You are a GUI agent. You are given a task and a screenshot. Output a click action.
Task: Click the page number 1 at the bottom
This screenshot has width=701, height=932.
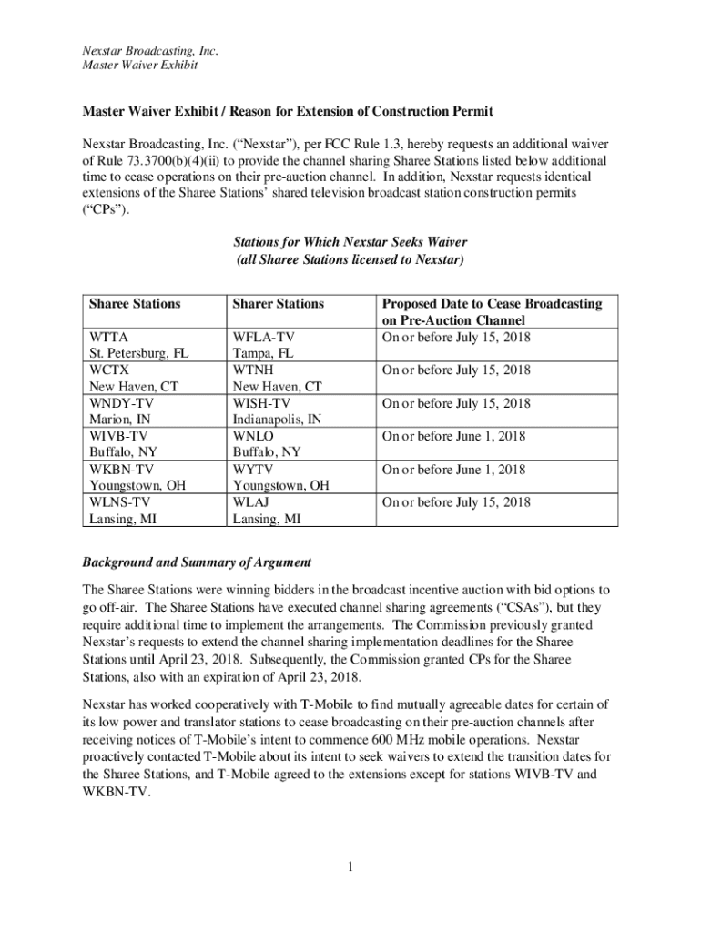point(350,866)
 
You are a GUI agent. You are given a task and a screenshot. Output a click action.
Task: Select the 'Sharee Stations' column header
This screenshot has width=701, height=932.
point(134,304)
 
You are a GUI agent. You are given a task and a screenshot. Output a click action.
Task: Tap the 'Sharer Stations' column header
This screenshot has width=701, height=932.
point(278,304)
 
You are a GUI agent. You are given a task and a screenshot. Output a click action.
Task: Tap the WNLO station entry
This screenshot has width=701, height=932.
point(254,436)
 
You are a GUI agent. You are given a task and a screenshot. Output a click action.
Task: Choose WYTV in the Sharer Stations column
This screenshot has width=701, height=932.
point(254,470)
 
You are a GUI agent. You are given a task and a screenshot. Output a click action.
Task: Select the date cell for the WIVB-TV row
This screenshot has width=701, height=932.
point(453,436)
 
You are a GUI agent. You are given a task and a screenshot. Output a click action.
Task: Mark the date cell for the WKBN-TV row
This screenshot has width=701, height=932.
point(453,470)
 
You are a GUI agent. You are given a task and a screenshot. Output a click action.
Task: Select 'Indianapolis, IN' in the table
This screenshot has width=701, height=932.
point(277,420)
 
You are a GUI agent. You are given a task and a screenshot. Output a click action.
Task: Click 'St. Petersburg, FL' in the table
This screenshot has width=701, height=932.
point(138,354)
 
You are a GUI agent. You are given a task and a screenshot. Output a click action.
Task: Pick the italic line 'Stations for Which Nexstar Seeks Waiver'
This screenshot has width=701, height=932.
point(350,243)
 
